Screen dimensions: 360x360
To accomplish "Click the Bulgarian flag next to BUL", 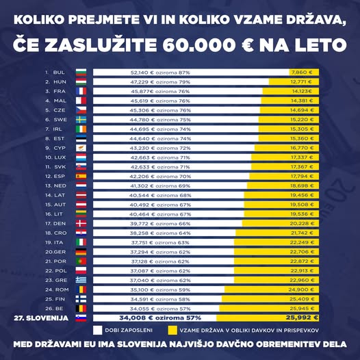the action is tap(81, 72).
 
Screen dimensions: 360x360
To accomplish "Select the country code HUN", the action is tap(59, 81).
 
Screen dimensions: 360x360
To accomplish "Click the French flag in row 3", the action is tap(81, 91).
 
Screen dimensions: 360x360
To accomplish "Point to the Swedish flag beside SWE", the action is tap(81, 119).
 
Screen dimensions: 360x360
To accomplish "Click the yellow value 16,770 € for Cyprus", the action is tap(301, 147).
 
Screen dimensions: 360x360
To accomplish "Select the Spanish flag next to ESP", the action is tap(81, 176).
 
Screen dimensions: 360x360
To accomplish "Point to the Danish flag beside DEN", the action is tap(81, 223).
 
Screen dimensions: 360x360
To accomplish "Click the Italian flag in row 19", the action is tap(81, 242).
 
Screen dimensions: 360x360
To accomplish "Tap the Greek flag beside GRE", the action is tap(81, 280).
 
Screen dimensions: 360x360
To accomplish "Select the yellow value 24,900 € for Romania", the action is tap(301, 290).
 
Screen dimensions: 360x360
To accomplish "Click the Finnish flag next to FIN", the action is tap(81, 299).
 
